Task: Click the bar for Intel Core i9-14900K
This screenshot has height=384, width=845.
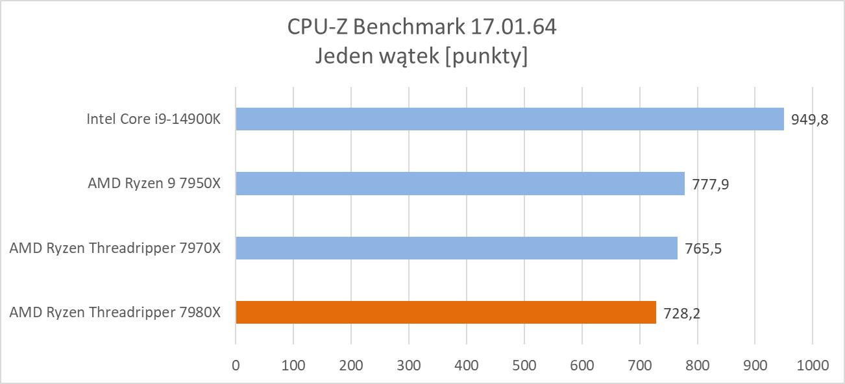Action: pos(509,119)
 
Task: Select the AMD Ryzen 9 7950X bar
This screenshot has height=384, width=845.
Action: pos(460,184)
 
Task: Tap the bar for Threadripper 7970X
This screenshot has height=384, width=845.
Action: pos(456,248)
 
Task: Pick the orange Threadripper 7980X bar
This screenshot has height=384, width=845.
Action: pos(445,312)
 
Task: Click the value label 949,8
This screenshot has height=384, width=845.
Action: pos(810,120)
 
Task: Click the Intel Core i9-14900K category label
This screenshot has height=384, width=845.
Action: pos(153,119)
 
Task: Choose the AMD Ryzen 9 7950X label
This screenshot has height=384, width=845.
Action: pos(154,184)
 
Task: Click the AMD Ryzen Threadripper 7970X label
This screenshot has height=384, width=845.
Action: pos(115,248)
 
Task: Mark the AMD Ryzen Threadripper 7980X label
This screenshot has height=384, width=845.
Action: pos(115,313)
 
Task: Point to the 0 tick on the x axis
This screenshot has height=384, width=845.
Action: pos(236,365)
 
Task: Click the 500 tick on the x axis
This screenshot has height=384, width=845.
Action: pos(524,365)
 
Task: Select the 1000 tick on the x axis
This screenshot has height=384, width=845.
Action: pos(812,365)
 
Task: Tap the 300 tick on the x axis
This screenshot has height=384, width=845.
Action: pos(409,365)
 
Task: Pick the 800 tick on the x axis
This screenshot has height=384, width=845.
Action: pos(697,365)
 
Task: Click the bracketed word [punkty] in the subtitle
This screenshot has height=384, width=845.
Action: pos(487,57)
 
